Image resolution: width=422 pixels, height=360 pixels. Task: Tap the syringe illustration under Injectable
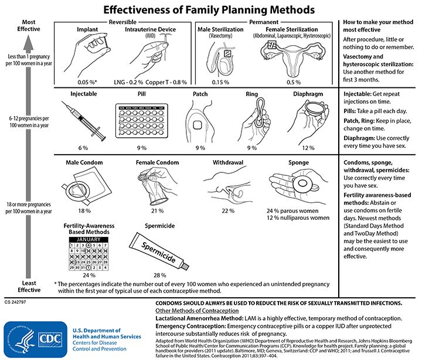point(83,121)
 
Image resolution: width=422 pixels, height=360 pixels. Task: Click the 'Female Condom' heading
point(155,162)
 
